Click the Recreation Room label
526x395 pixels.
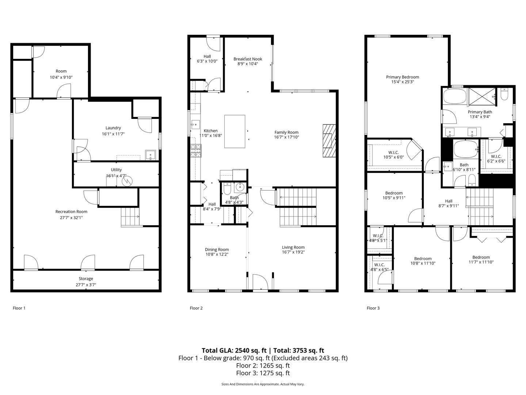[x=71, y=211]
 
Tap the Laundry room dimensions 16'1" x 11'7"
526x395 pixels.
[x=113, y=134]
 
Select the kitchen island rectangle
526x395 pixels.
[x=235, y=131]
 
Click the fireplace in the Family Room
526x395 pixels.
[x=329, y=140]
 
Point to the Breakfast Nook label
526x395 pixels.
[x=248, y=59]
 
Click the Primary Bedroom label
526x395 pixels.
[x=403, y=77]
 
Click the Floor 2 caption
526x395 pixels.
[x=196, y=308]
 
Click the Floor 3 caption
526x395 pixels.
[x=373, y=308]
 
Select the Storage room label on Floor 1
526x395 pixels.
[x=86, y=279]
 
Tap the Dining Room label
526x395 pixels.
[x=217, y=249]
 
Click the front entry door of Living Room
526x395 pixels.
[x=260, y=282]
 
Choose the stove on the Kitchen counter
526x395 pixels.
[x=195, y=151]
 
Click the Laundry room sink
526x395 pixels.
[x=150, y=155]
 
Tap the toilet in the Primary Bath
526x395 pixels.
[x=504, y=95]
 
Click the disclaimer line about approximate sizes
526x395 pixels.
[x=263, y=384]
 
